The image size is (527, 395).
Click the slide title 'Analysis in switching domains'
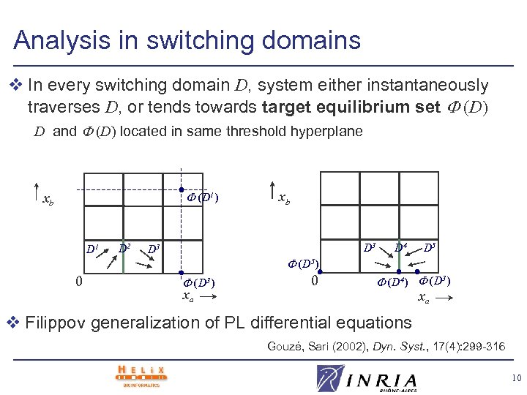[187, 39]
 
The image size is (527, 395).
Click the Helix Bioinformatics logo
[141, 375]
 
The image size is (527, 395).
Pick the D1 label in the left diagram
[94, 249]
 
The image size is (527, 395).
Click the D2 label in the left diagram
[124, 247]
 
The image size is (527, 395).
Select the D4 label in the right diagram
[402, 247]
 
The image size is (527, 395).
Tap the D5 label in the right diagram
[430, 247]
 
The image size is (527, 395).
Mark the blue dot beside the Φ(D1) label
[181, 190]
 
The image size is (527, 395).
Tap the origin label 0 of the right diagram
[314, 281]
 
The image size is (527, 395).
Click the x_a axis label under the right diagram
[423, 297]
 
